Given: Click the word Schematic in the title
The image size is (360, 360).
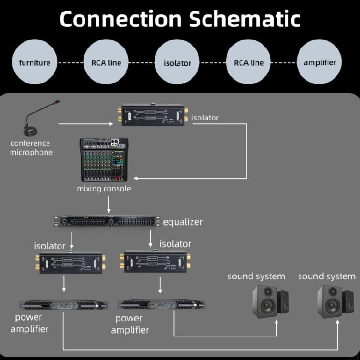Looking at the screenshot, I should (x=244, y=19).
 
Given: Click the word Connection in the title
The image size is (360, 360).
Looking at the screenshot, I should (x=120, y=19).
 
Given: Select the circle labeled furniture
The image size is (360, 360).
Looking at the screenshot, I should (x=35, y=63).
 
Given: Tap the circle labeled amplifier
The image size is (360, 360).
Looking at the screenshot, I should (x=320, y=63).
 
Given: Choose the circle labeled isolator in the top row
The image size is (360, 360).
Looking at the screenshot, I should (x=177, y=63).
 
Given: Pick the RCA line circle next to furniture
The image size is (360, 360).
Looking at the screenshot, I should (x=106, y=63).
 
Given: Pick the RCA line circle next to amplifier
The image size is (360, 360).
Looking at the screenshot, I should (x=249, y=63).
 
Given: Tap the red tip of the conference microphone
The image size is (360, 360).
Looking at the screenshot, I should (x=58, y=102).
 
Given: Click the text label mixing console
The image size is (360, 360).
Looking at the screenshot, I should (x=104, y=189).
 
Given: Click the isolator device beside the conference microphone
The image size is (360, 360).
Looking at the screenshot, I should (x=153, y=116).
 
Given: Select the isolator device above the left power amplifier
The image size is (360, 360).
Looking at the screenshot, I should (x=64, y=262).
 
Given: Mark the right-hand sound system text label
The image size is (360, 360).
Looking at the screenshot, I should (x=326, y=276).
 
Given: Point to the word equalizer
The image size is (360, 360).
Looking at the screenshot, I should (x=182, y=222).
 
